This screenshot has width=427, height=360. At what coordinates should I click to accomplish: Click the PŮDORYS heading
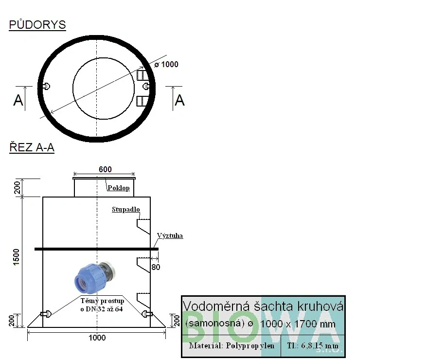coord(37,24)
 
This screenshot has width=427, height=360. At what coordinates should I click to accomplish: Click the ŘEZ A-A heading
coord(32,147)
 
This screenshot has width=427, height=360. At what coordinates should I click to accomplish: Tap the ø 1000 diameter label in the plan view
coord(166,65)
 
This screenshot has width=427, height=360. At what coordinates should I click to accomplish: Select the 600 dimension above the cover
coord(105,169)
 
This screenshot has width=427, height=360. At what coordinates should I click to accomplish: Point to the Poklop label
coord(119,188)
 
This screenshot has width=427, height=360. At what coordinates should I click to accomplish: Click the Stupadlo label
coord(126,209)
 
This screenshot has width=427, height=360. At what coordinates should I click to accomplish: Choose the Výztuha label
coord(170,235)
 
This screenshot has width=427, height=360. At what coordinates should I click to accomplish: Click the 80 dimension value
coord(156,267)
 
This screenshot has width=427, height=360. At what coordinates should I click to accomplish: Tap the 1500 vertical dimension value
coord(17,257)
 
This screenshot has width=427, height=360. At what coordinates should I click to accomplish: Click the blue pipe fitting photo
coord(95,277)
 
